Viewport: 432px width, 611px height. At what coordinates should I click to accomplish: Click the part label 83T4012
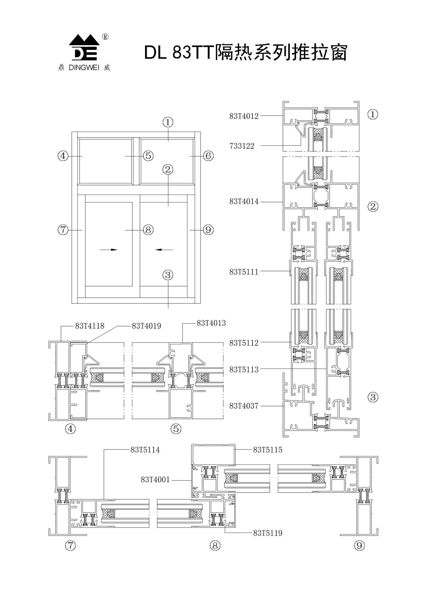(244, 116)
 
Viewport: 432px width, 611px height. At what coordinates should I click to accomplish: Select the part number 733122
(242, 146)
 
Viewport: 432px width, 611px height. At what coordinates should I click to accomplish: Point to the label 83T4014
(244, 202)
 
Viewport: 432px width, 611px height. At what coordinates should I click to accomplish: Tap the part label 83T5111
(244, 272)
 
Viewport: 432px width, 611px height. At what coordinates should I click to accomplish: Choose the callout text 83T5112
(244, 343)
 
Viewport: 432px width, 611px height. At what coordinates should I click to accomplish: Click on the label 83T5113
(244, 370)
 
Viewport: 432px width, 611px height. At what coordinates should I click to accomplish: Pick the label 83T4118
(90, 326)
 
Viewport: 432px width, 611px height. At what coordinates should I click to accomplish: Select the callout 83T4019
(147, 326)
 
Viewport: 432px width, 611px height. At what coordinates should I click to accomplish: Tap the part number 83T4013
(211, 323)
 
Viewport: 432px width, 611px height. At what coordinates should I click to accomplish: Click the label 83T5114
(145, 450)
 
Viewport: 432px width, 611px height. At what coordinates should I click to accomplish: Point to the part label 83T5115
(268, 450)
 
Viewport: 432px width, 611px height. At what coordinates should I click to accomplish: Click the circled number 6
(208, 156)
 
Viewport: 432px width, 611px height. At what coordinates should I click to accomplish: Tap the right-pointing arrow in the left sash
(108, 250)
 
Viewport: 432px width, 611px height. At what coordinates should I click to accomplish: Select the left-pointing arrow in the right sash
(164, 250)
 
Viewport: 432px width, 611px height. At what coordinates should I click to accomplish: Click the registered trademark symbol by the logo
(105, 37)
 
